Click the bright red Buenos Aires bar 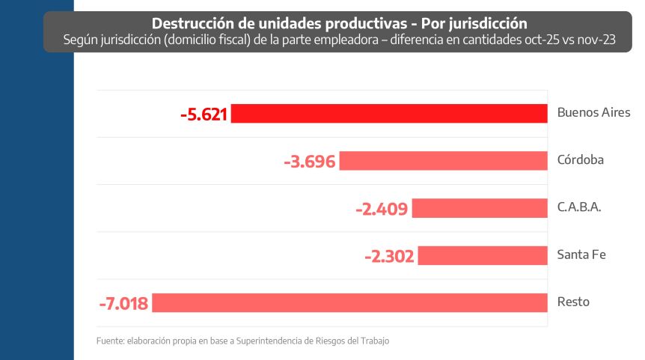click(x=389, y=114)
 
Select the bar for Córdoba click(x=443, y=161)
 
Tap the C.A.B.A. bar click(x=479, y=208)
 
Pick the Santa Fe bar click(x=482, y=255)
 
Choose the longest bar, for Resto click(x=349, y=302)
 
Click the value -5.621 click(x=204, y=114)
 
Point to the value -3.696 click(x=310, y=161)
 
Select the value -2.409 click(x=382, y=208)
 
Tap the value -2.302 click(x=389, y=255)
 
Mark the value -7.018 click(x=123, y=302)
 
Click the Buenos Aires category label click(x=593, y=113)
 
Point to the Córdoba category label click(x=580, y=160)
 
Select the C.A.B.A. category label click(x=579, y=207)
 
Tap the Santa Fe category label click(x=581, y=254)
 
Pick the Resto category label click(x=573, y=302)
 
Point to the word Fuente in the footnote click(x=111, y=341)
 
